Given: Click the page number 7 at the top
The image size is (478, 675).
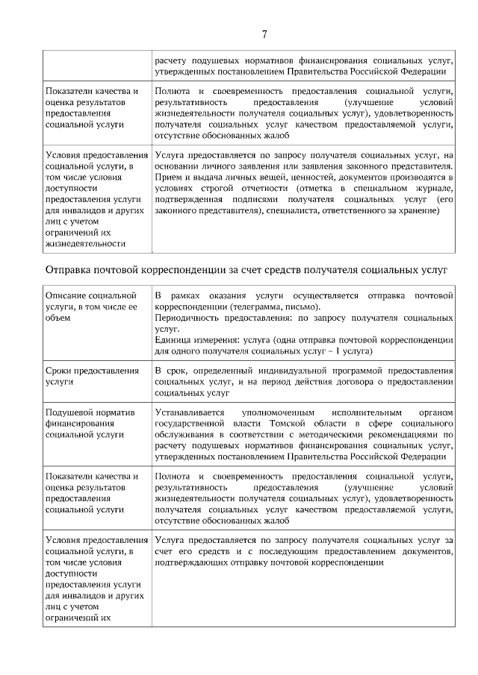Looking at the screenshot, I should pos(264,34).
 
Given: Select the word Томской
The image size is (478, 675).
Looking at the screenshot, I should pos(243,423).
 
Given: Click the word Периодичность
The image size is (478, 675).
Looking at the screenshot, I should pos(189,318).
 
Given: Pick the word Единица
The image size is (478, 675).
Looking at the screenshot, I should pos(173,339).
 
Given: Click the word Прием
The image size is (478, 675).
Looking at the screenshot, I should pos(168,178).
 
